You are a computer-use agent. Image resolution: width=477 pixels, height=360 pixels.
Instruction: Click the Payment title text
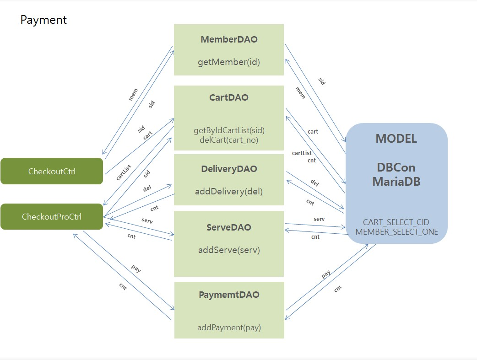(x=43, y=20)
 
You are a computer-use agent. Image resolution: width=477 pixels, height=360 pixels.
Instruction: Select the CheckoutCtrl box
(x=52, y=172)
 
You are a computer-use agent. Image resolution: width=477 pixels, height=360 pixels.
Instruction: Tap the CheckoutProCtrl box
(x=52, y=217)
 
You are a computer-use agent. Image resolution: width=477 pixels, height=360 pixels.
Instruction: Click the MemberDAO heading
(x=229, y=39)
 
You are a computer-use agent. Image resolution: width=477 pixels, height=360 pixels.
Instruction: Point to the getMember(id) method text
(x=229, y=62)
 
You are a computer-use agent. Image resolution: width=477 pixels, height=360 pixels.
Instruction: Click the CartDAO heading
(x=229, y=97)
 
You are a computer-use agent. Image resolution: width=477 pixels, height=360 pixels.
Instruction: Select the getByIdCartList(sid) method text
(x=229, y=130)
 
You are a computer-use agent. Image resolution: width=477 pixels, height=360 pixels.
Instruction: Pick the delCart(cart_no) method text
(x=229, y=140)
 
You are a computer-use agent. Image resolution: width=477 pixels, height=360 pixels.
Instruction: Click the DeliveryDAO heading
(x=229, y=169)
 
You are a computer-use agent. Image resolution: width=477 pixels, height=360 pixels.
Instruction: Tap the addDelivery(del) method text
(x=229, y=191)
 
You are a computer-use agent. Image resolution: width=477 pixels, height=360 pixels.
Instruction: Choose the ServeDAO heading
(x=229, y=227)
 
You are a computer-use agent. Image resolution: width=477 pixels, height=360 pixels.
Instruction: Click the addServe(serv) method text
(x=229, y=250)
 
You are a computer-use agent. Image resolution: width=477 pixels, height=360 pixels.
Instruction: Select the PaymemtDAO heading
(x=229, y=295)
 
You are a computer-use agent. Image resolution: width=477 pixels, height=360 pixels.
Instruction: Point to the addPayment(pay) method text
(x=229, y=328)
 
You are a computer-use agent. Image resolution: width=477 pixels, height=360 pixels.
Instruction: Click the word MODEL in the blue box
(x=396, y=139)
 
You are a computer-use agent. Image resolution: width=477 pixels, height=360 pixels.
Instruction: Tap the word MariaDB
(x=396, y=181)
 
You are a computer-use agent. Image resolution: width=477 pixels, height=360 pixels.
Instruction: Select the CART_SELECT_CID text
(x=396, y=222)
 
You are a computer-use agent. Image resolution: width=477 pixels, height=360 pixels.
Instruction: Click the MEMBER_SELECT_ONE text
(x=396, y=232)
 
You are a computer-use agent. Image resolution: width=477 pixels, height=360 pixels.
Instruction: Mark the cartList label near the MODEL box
(x=302, y=153)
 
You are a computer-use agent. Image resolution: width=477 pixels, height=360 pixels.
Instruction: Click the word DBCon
(x=396, y=167)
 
